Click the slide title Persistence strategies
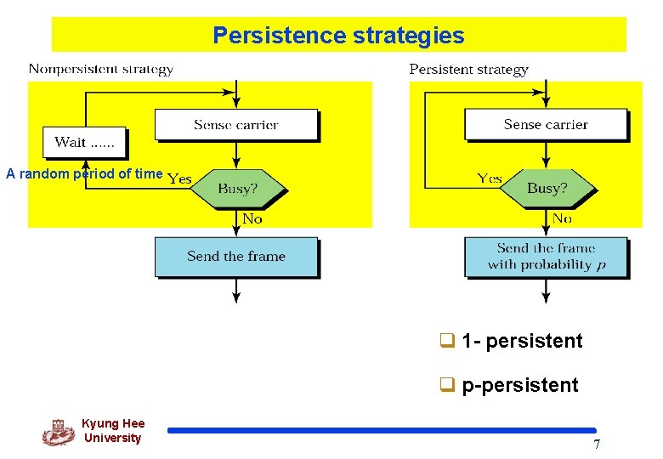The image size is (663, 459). click(338, 36)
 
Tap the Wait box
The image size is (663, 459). click(84, 142)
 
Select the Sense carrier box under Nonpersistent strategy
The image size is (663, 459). click(235, 125)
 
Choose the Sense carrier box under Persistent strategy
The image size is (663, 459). click(546, 125)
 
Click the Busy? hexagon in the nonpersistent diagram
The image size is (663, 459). click(236, 189)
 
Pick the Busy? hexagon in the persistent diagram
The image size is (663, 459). click(547, 188)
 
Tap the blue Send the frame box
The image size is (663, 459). click(236, 256)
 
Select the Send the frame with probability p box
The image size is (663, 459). click(547, 256)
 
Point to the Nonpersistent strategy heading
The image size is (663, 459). click(101, 70)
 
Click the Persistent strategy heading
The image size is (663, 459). click(468, 70)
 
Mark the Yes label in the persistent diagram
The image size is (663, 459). click(490, 178)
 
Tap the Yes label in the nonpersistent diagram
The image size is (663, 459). click(179, 178)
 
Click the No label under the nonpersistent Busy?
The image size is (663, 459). click(252, 219)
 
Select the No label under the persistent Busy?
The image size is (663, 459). click(562, 218)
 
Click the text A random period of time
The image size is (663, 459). click(84, 174)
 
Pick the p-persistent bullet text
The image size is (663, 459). click(519, 385)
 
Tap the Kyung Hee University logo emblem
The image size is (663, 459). click(58, 432)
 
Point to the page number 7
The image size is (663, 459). click(596, 445)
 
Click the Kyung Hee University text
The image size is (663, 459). click(113, 431)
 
